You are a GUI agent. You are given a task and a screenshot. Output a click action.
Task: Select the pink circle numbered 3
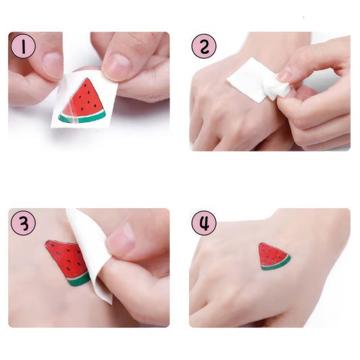click(x=23, y=222)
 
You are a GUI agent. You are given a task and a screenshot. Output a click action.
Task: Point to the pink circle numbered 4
click(x=204, y=222)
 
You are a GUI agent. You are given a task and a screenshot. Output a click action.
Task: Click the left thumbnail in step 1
click(x=53, y=63)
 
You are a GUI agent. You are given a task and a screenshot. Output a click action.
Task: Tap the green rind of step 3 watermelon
click(x=79, y=278)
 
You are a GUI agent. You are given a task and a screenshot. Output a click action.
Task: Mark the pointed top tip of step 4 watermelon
click(x=261, y=245)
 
